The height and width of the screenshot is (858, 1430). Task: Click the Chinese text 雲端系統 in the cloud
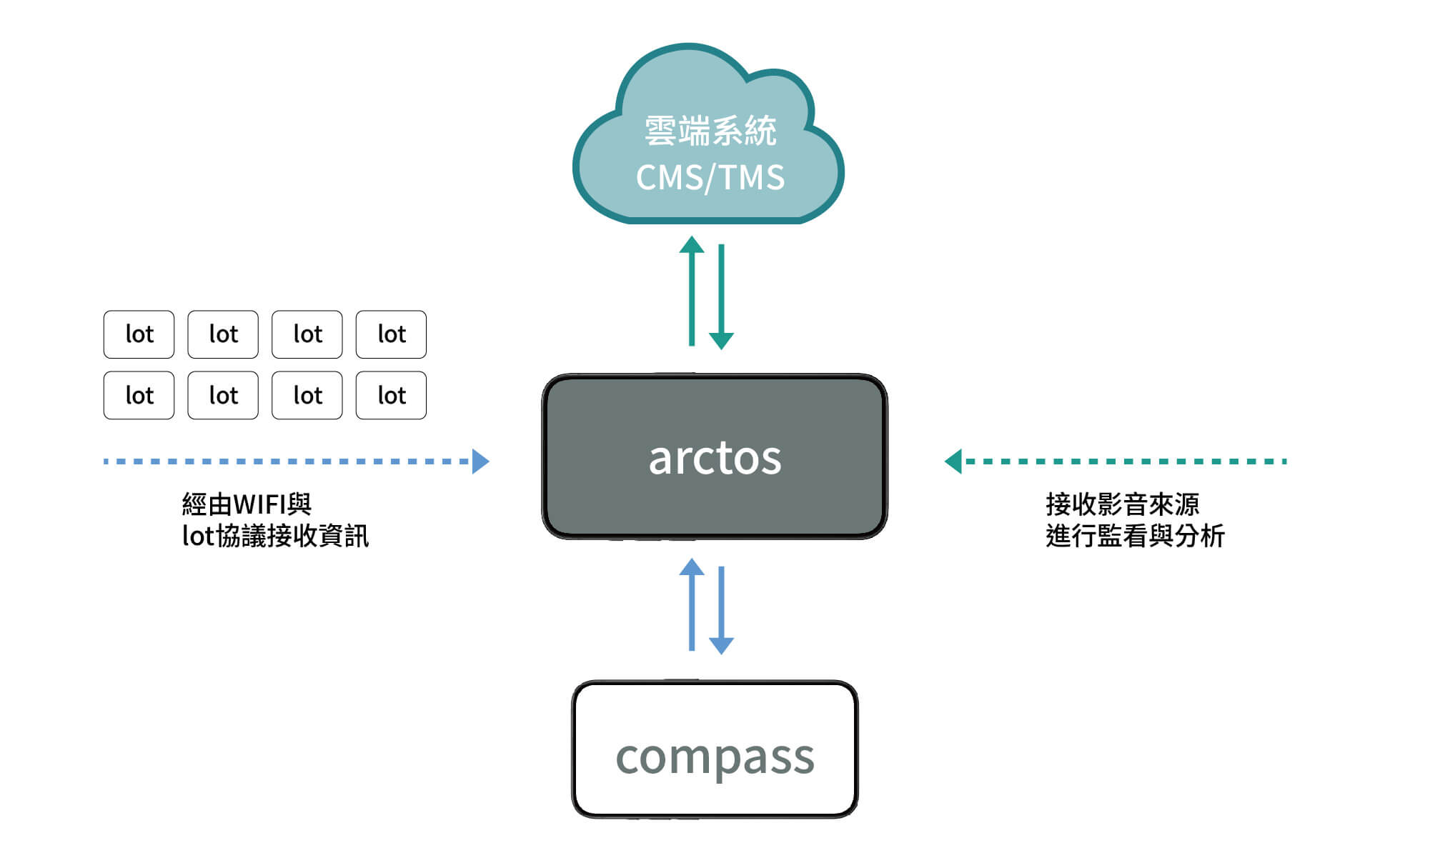pos(710,131)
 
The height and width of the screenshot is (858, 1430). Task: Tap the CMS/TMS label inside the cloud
pos(710,177)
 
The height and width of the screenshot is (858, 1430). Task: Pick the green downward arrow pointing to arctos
pos(721,296)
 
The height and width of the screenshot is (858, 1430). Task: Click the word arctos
pos(715,458)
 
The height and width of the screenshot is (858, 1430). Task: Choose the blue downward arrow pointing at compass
pos(721,610)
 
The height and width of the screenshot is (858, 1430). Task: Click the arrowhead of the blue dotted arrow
pos(480,462)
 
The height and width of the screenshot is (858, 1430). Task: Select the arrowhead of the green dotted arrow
pos(953,462)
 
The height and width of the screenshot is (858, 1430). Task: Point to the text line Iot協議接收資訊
pos(275,536)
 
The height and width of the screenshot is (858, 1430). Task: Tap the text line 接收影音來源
pos(1122,504)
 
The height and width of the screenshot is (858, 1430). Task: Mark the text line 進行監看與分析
pos(1135,536)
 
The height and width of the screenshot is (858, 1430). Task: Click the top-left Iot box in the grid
pos(139,334)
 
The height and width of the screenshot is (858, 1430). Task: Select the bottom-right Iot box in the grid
pos(391,395)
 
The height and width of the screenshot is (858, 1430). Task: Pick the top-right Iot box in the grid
pos(391,334)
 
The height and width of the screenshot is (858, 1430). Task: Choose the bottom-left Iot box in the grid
pos(139,395)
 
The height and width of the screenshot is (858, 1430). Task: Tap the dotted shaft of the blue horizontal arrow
pos(286,462)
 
